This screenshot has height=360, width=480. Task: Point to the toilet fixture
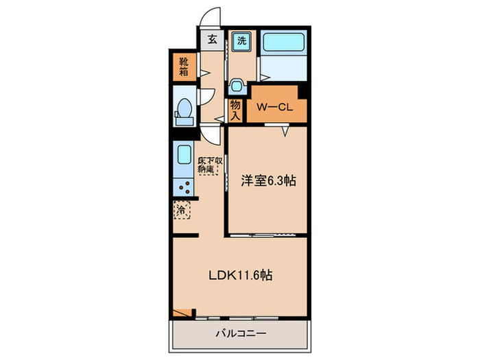(184, 110)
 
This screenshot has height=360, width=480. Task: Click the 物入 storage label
(235, 109)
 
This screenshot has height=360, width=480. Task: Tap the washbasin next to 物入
(237, 86)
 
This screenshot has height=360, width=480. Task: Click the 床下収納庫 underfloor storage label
(210, 167)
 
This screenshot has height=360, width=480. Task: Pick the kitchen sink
(183, 154)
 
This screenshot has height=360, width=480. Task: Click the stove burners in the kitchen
(183, 185)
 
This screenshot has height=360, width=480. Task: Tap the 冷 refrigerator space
(182, 211)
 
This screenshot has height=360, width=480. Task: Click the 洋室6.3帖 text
(267, 182)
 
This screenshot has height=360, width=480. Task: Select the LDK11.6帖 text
(240, 276)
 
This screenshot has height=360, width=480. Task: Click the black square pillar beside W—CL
(302, 90)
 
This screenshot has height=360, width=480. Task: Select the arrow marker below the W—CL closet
(283, 131)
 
